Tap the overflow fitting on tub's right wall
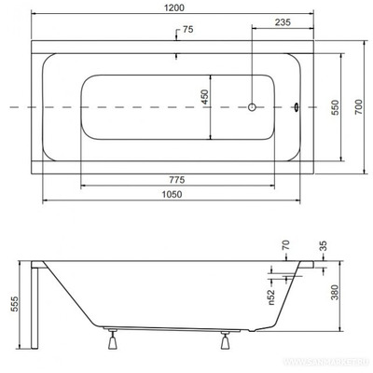click(x=297, y=107)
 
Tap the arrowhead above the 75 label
click(x=177, y=38)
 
